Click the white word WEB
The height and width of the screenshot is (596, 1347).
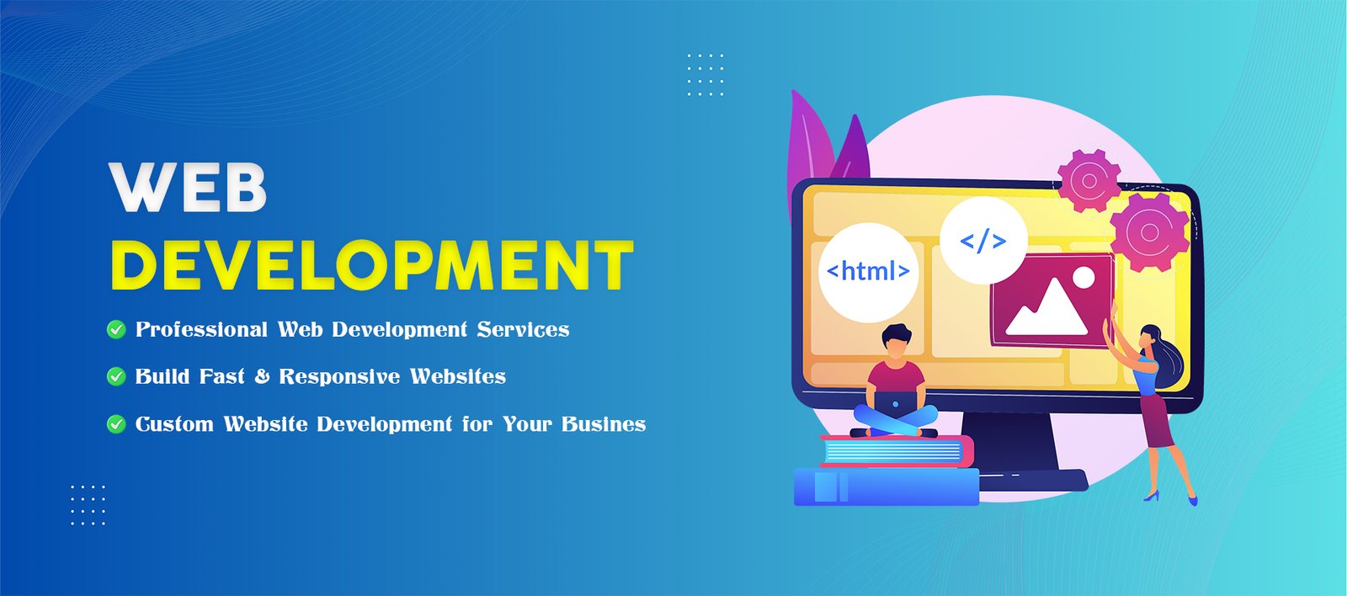(188, 187)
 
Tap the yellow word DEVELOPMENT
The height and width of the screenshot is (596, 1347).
(372, 265)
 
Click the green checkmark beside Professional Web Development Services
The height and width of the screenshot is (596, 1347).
(116, 330)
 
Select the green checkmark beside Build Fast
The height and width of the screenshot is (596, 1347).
(116, 376)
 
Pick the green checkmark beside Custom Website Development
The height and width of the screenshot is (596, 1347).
(116, 424)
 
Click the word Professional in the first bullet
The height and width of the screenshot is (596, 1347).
(201, 330)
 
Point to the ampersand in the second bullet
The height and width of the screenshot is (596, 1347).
(262, 376)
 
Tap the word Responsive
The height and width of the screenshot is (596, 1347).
(339, 376)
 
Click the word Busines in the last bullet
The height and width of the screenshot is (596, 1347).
(604, 424)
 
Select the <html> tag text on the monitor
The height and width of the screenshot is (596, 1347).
(868, 271)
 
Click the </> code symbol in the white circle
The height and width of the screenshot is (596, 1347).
(983, 241)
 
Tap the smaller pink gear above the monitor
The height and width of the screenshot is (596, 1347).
(1089, 180)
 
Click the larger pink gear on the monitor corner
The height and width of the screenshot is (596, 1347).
(1150, 231)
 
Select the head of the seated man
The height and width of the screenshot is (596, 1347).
(896, 341)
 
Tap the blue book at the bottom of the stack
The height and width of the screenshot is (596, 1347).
(886, 487)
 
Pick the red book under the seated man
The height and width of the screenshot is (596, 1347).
(897, 450)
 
